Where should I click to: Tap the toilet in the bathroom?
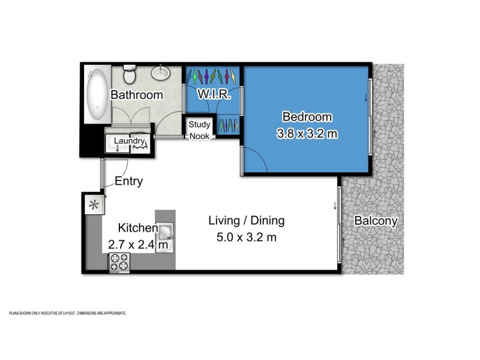pyautogui.click(x=128, y=75)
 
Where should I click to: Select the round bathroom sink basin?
pyautogui.click(x=161, y=73)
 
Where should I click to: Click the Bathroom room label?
pyautogui.click(x=137, y=95)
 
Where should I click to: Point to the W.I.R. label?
pyautogui.click(x=211, y=95)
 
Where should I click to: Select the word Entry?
pyautogui.click(x=128, y=182)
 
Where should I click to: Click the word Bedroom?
pyautogui.click(x=307, y=116)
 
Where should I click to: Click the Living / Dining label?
pyautogui.click(x=246, y=220)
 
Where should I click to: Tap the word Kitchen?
pyautogui.click(x=137, y=228)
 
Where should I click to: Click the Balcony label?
pyautogui.click(x=376, y=221)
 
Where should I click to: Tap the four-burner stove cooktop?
pyautogui.click(x=119, y=263)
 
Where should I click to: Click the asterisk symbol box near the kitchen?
pyautogui.click(x=94, y=205)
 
